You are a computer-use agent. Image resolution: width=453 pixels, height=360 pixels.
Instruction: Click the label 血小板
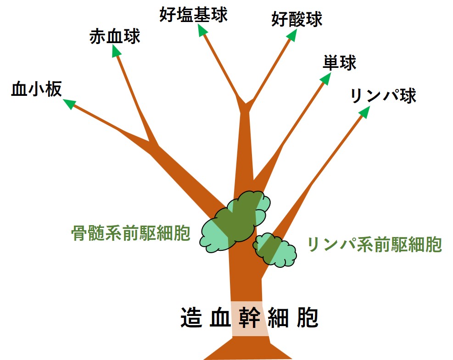[x=36, y=90]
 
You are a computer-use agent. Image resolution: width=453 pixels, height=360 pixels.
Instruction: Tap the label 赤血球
[x=115, y=37]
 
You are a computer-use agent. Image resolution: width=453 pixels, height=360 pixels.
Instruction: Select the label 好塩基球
[x=194, y=15]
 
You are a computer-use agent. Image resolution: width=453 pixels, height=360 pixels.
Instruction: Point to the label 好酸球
[x=296, y=19]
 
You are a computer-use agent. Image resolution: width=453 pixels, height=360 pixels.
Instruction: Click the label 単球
[x=339, y=63]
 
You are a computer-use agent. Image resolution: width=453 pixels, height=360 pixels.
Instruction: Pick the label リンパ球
[x=383, y=96]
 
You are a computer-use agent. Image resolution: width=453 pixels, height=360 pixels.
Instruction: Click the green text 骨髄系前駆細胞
[x=131, y=234]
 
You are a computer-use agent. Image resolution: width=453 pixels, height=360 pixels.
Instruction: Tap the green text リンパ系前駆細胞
[x=375, y=244]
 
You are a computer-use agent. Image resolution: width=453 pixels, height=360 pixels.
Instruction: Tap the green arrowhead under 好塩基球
[x=201, y=30]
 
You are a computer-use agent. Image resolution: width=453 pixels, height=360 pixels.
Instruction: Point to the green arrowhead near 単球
[x=325, y=78]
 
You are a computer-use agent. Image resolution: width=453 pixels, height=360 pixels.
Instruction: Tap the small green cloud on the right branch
[x=275, y=250]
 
